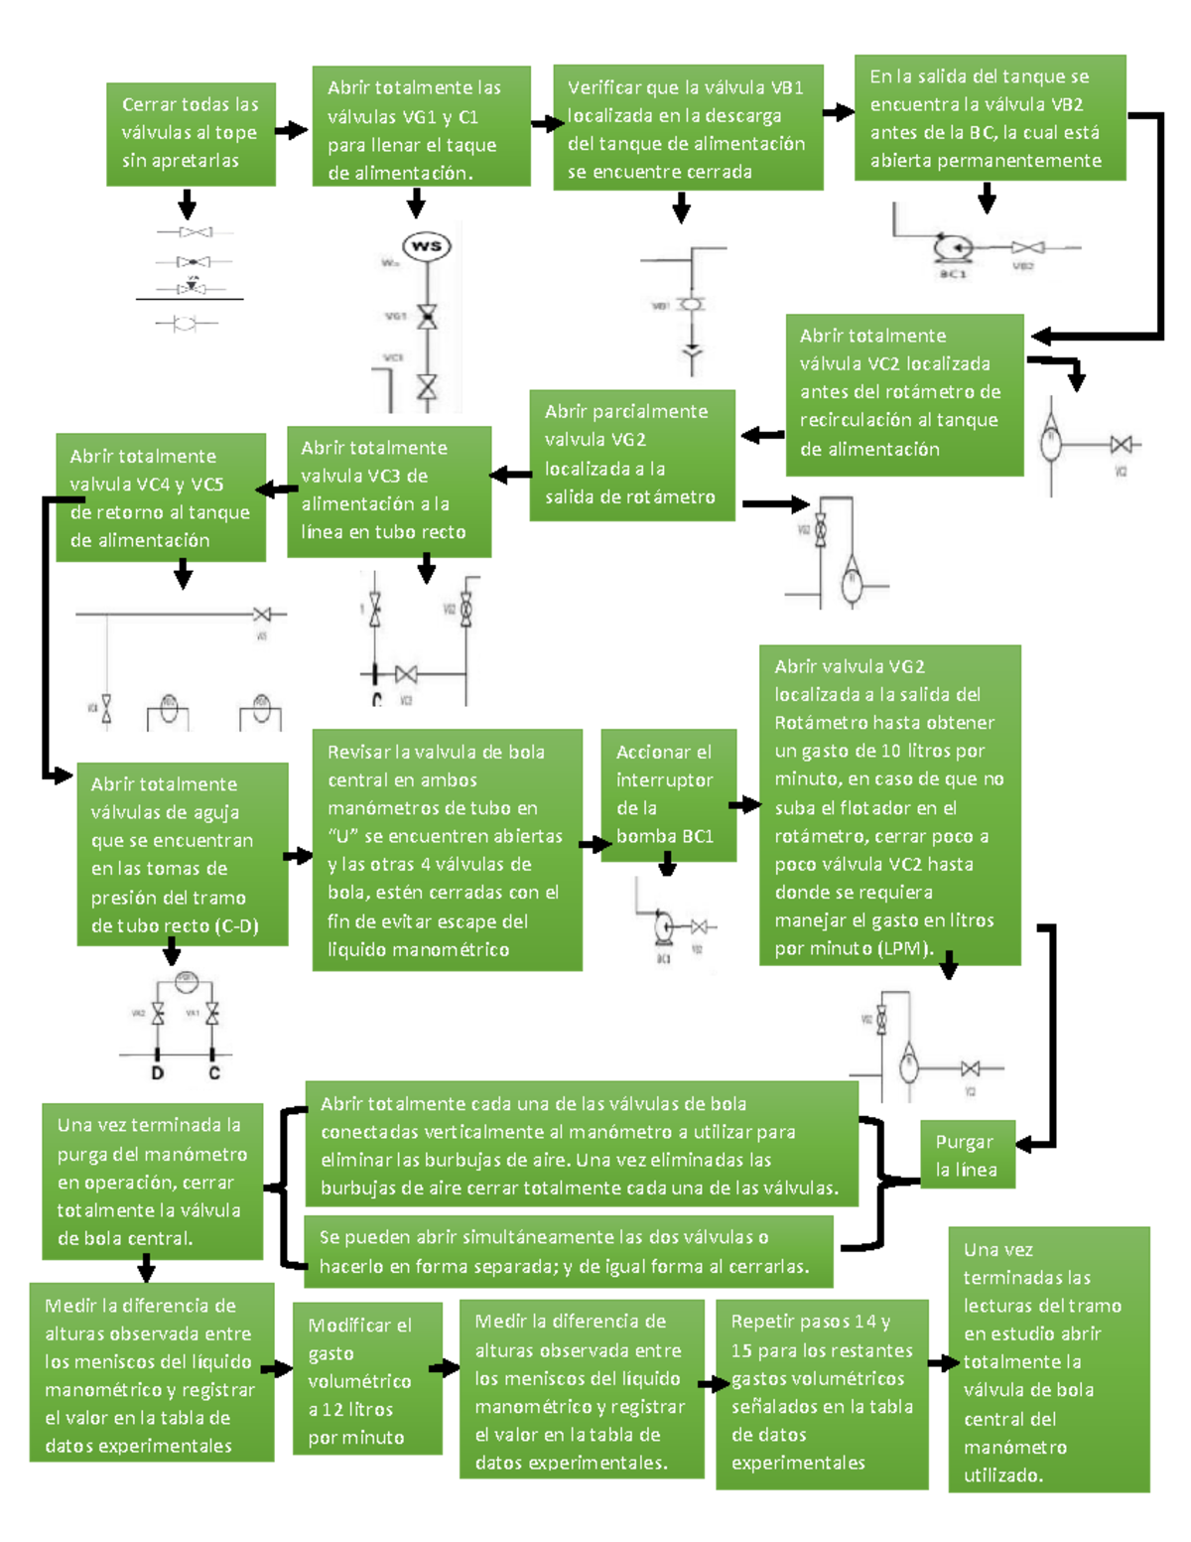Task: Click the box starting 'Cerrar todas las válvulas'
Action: [x=191, y=134]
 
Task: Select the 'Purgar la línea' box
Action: [x=967, y=1155]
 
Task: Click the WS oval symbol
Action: [x=427, y=246]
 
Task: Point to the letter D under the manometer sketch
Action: [x=157, y=1073]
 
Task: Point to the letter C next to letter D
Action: [x=213, y=1073]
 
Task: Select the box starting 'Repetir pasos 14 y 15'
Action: [x=821, y=1393]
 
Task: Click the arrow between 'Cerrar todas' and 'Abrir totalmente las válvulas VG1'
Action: [x=291, y=130]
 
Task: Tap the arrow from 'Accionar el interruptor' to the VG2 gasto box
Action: [x=744, y=804]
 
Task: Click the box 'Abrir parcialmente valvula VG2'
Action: [x=632, y=455]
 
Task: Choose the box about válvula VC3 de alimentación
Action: [x=389, y=491]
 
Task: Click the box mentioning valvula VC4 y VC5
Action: [x=161, y=497]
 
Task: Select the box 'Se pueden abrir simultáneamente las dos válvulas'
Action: [x=568, y=1251]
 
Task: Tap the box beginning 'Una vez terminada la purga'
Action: [x=152, y=1181]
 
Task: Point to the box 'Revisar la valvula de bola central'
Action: [x=447, y=850]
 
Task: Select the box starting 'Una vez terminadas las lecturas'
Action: [x=1049, y=1359]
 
